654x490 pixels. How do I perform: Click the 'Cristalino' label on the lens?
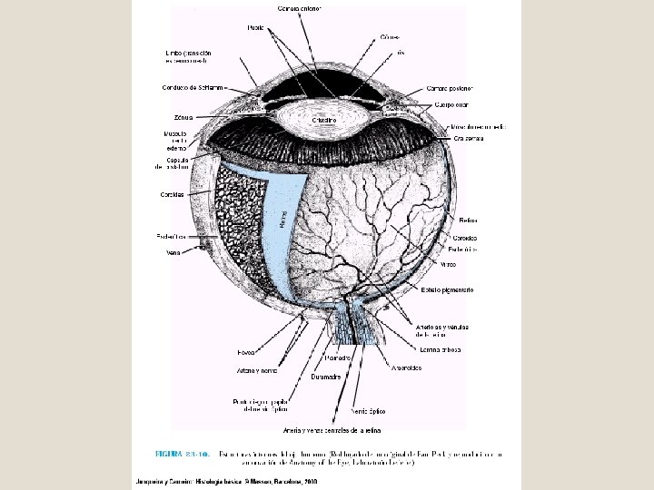click(x=324, y=120)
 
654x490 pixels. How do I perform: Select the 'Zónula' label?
click(x=182, y=117)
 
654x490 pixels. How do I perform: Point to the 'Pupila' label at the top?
click(x=257, y=28)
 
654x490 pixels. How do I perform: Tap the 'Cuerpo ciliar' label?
click(x=451, y=104)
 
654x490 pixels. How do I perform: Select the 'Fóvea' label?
click(x=246, y=351)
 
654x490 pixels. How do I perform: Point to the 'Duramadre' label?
click(x=326, y=376)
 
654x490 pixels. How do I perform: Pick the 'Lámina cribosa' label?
click(x=441, y=349)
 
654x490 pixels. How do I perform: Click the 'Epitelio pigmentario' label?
click(x=447, y=289)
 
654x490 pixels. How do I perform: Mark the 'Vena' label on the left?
click(x=173, y=253)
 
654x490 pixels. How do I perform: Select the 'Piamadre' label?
click(x=337, y=358)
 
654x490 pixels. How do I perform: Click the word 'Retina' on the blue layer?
click(x=283, y=218)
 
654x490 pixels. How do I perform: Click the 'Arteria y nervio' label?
click(x=257, y=370)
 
